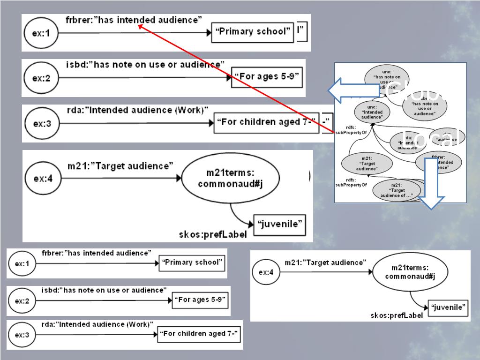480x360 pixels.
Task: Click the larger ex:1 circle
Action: pos(40,33)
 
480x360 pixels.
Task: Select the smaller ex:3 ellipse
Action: pos(22,335)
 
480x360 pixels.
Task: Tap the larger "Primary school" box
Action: pos(253,32)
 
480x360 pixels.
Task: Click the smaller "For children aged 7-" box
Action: pos(199,334)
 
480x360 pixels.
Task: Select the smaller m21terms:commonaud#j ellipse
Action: pos(410,272)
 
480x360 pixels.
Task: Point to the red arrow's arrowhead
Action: pos(141,27)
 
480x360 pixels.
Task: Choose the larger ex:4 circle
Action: pos(41,178)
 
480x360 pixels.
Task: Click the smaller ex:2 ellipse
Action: pos(22,301)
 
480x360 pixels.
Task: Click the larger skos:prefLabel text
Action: pos(212,234)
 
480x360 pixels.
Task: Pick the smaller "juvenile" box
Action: pos(449,307)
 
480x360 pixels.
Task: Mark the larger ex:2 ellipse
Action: pos(41,78)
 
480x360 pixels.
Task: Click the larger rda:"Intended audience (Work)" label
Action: pos(137,110)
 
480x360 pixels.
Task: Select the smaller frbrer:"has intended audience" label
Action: pos(97,253)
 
